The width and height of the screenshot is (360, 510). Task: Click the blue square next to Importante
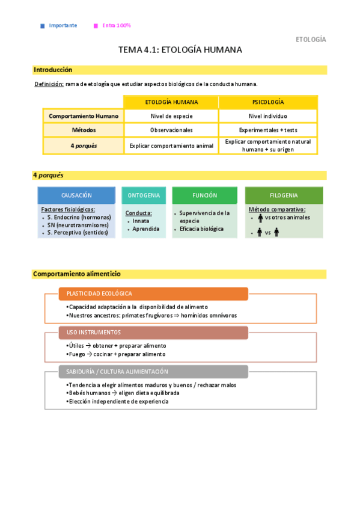(x=42, y=26)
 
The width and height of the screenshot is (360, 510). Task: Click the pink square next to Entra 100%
(x=96, y=26)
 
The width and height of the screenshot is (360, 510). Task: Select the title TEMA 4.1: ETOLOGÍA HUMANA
(x=180, y=50)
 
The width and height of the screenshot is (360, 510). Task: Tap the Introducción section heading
(x=53, y=70)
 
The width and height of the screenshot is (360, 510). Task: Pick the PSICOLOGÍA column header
(x=268, y=102)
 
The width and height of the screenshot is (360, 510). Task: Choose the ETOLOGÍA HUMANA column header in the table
(x=171, y=102)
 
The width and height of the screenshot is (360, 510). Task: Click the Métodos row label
(x=84, y=130)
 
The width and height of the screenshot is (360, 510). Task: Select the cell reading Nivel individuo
(x=268, y=116)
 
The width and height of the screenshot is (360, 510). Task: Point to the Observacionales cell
(x=171, y=130)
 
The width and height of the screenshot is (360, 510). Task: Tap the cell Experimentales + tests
(x=268, y=130)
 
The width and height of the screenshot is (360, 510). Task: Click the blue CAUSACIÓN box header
(x=76, y=195)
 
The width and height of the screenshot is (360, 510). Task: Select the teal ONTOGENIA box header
(x=144, y=195)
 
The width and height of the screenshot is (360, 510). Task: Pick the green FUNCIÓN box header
(x=204, y=195)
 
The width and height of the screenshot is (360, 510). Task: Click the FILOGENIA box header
(x=284, y=195)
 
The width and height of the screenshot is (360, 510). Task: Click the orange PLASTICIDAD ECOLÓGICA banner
(x=153, y=293)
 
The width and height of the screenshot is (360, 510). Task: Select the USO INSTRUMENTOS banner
(x=153, y=332)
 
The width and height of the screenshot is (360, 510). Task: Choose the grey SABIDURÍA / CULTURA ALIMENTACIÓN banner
(x=153, y=372)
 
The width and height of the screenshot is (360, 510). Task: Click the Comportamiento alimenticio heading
(x=77, y=274)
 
